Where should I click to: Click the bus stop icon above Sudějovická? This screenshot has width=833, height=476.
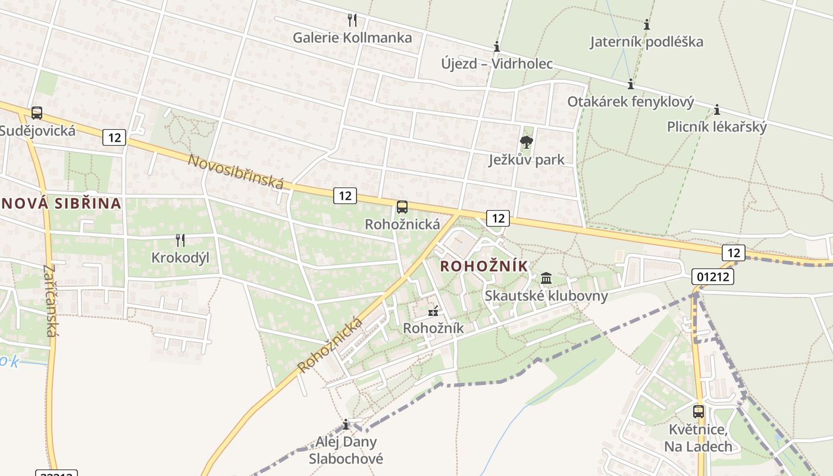click(x=37, y=112)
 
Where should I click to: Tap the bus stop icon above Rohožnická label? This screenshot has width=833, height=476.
click(x=402, y=207)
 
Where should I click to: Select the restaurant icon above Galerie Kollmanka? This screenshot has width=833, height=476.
click(x=352, y=20)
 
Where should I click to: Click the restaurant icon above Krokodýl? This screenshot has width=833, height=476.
click(x=180, y=240)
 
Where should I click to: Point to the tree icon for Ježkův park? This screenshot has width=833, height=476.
click(x=526, y=142)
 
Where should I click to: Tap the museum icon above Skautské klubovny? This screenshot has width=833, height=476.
click(x=546, y=278)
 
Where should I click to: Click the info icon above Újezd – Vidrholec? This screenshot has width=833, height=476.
click(x=497, y=46)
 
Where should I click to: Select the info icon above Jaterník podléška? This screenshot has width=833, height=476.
click(x=647, y=24)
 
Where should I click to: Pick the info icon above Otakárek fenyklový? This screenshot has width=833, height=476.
click(x=631, y=84)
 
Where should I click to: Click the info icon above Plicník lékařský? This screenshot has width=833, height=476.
click(x=717, y=109)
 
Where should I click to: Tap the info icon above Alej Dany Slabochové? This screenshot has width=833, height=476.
click(x=346, y=424)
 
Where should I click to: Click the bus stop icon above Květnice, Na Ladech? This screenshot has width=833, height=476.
click(x=699, y=411)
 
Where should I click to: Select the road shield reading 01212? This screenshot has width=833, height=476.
click(x=713, y=276)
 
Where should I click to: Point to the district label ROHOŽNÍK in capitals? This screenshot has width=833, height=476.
click(x=484, y=266)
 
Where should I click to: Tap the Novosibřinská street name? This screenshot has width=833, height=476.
click(x=236, y=171)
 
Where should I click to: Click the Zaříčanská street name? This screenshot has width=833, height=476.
click(x=50, y=300)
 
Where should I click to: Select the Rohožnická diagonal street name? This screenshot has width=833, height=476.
click(x=331, y=345)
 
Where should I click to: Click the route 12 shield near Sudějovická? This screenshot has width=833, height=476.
click(x=114, y=137)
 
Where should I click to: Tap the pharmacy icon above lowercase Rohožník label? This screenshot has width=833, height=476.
click(x=433, y=311)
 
